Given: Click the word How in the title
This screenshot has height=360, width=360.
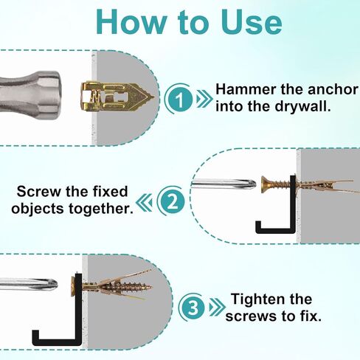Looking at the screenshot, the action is [x=131, y=22].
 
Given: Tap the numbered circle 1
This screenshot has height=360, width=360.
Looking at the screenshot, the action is [x=180, y=99].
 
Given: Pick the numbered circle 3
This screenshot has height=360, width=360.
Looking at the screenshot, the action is [x=193, y=307].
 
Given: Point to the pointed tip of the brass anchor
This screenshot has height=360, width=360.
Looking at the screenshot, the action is [x=154, y=97].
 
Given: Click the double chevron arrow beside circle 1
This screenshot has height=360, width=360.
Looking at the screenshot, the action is [x=204, y=99].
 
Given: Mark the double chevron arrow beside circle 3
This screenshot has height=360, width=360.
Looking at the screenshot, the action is [x=217, y=308].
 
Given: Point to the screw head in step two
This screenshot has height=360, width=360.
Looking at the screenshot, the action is [x=265, y=184].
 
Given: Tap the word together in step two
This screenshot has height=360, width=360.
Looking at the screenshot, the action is [x=101, y=209].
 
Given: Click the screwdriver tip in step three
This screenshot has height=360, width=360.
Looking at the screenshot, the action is [x=52, y=284].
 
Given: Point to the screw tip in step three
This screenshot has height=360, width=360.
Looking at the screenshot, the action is [x=150, y=287].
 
